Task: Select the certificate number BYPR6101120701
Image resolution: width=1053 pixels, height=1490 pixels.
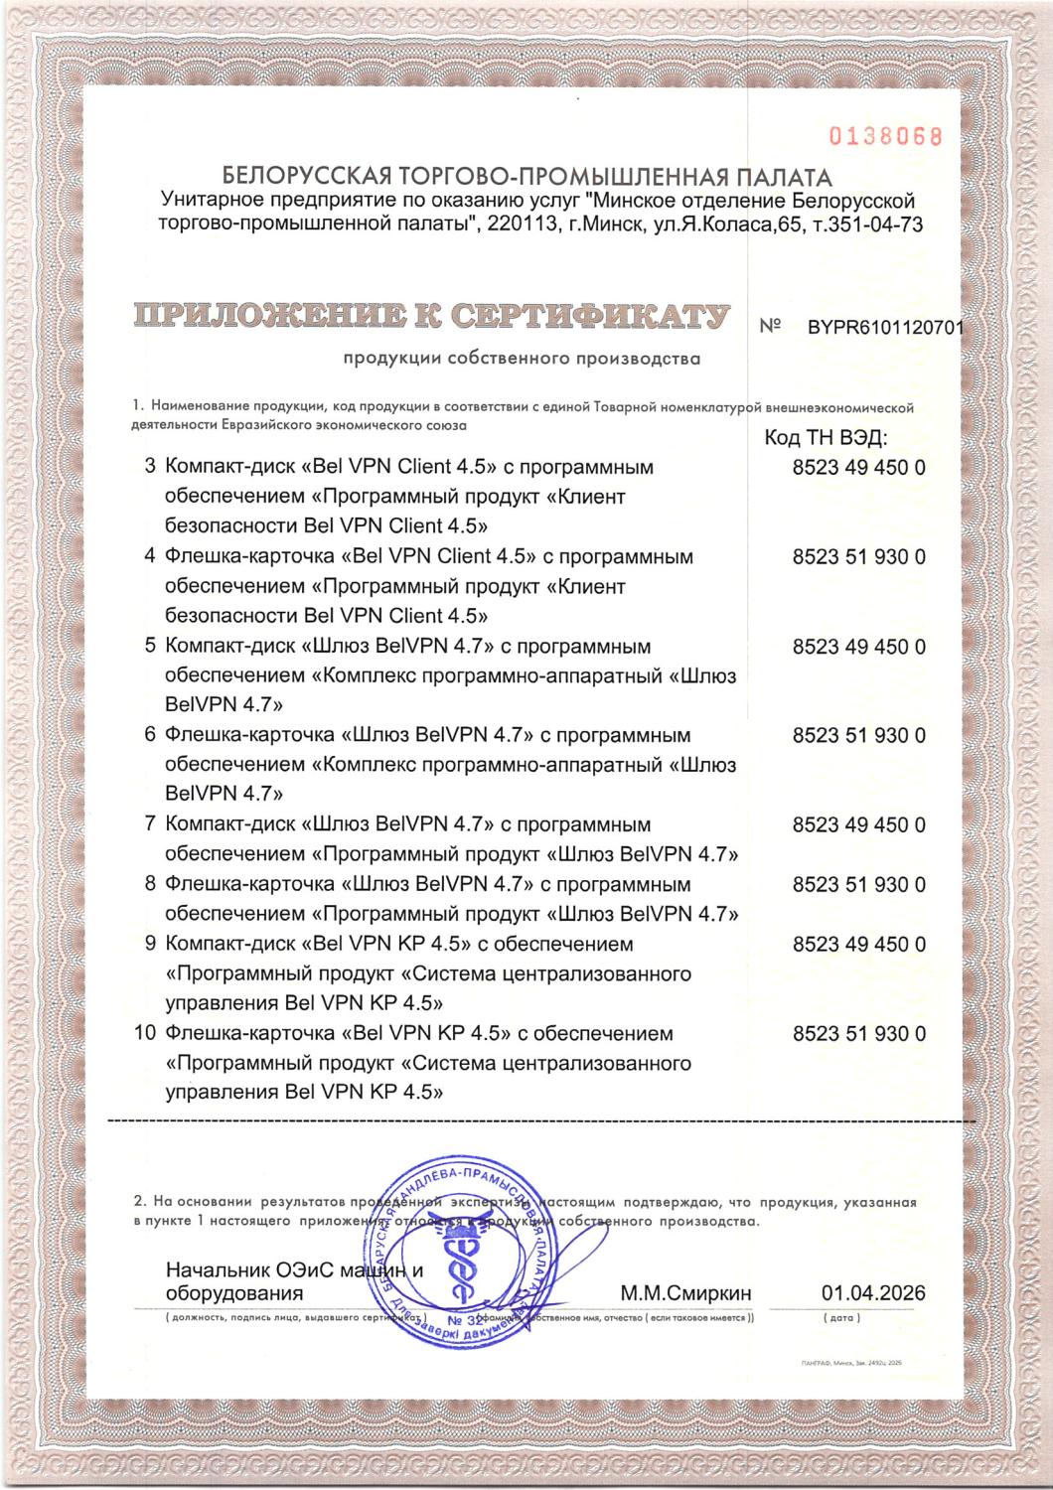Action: click(x=886, y=329)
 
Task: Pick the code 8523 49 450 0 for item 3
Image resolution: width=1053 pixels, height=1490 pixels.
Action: click(x=859, y=467)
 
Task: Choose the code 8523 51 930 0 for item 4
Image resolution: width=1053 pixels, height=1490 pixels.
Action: click(x=859, y=557)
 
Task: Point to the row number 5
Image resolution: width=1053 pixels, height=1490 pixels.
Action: click(x=151, y=647)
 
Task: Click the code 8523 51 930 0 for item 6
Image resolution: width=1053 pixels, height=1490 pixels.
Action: click(x=859, y=736)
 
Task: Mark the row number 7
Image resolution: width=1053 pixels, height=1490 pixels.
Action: click(x=151, y=824)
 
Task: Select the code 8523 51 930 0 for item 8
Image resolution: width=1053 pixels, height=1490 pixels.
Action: click(x=859, y=884)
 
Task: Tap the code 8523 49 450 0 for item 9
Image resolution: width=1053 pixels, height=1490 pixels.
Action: click(x=859, y=944)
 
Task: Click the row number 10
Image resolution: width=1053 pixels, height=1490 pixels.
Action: click(x=144, y=1033)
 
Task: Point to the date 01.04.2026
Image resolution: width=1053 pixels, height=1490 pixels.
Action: click(x=873, y=1293)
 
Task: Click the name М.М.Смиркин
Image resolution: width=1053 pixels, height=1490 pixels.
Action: click(x=685, y=1293)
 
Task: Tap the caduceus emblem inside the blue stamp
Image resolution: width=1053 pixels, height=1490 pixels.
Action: click(x=463, y=1267)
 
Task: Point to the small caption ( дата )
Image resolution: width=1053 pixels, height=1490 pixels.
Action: click(x=843, y=1318)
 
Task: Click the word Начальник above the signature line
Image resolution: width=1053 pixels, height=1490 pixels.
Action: click(x=214, y=1270)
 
